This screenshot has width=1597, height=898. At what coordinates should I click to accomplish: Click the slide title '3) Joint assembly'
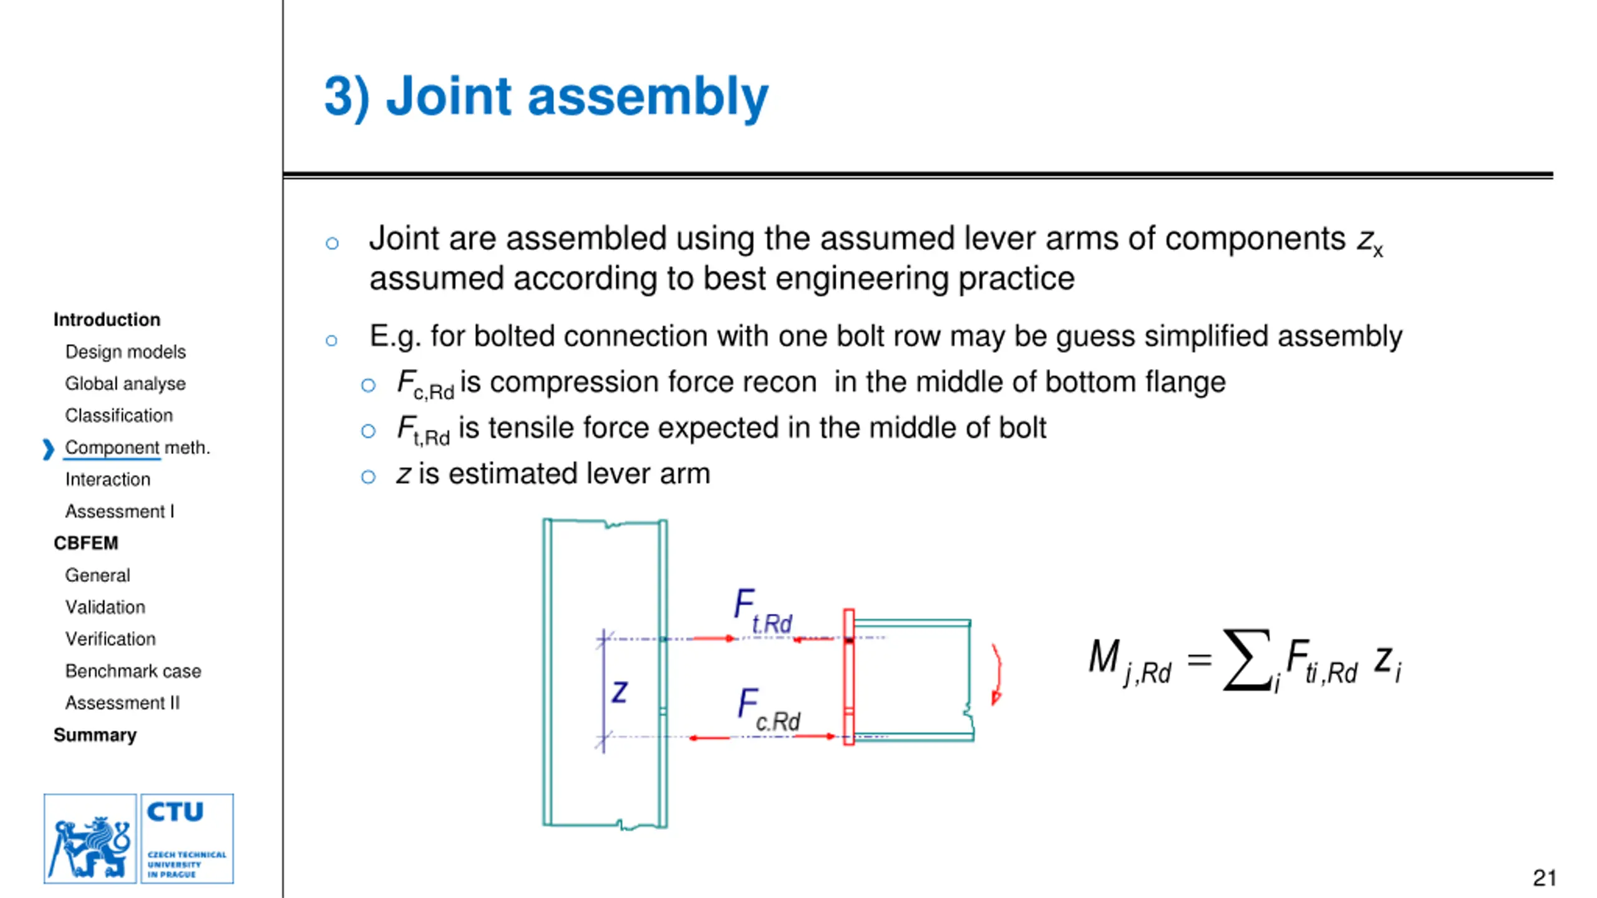tap(546, 97)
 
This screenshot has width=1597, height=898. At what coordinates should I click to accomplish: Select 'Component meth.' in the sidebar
tap(137, 448)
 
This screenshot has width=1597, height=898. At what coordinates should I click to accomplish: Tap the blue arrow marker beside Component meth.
tap(48, 449)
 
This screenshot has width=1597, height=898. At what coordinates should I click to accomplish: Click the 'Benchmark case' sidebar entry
tap(133, 671)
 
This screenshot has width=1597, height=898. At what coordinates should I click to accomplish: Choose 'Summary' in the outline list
tap(95, 735)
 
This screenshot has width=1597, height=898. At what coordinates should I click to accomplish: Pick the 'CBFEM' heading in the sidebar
tap(85, 543)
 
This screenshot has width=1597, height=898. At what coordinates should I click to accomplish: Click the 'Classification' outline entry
tap(119, 415)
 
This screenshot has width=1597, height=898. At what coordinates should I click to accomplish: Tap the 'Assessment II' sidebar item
tap(122, 703)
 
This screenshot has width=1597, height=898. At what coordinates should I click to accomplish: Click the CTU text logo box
tap(187, 838)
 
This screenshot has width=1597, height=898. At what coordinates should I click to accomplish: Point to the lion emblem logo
tap(90, 839)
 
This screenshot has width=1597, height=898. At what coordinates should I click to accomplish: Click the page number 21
tap(1544, 878)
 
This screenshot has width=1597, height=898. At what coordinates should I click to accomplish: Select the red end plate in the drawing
tap(848, 677)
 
